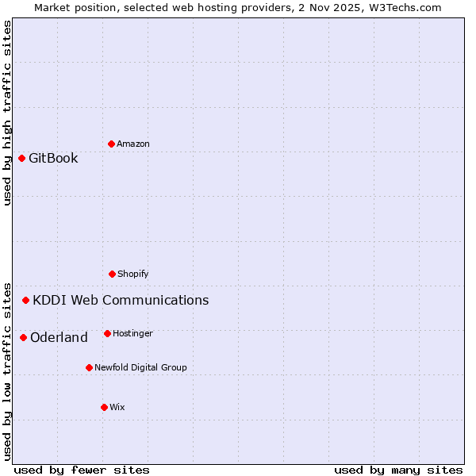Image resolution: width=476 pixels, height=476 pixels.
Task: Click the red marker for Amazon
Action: coord(111,144)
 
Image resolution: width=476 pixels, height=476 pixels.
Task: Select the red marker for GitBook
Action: coord(21,158)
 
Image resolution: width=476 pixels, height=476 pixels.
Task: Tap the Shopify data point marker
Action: coord(112,274)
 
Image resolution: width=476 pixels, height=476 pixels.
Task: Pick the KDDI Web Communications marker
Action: coord(25,300)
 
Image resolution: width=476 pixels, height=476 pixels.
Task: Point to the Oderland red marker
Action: coord(23,337)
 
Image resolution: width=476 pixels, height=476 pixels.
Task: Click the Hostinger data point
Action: coord(107,333)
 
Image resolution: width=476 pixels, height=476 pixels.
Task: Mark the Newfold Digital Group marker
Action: coord(89,367)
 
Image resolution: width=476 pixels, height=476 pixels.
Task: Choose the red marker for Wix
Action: coord(104,407)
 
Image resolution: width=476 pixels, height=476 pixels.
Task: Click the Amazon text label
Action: coord(133,144)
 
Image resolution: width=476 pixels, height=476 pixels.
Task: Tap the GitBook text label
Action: coord(53,158)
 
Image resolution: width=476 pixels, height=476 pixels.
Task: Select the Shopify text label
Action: coord(133,274)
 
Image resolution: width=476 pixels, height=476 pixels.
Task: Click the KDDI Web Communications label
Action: coord(121,300)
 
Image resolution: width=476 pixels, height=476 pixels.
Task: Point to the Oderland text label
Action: coord(59,337)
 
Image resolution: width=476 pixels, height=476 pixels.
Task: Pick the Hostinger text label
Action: coord(132,333)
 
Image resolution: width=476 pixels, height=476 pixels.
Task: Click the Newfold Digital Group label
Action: coord(140,367)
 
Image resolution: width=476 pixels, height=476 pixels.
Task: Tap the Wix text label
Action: coord(117,407)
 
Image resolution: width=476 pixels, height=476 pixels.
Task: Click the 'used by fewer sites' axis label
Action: coord(82,470)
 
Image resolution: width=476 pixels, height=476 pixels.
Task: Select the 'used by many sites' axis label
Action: coord(398,470)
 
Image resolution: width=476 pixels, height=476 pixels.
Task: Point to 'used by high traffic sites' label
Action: coord(7,113)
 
